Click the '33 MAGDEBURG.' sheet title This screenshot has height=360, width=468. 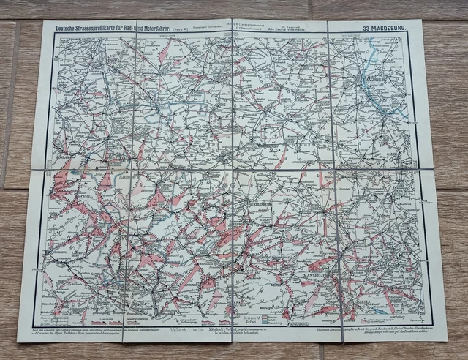[387, 29]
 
